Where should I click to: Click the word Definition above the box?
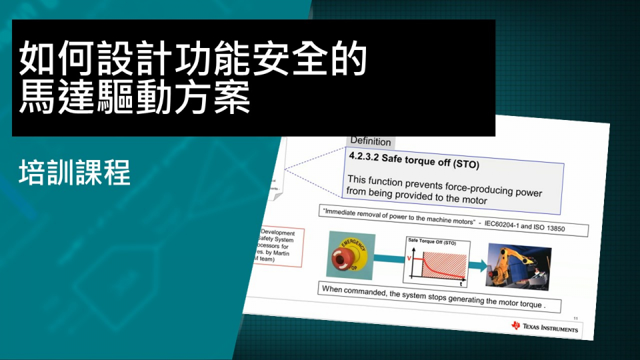pos(371,141)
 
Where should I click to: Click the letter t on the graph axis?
pos(461,285)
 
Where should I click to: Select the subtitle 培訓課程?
pos(74,173)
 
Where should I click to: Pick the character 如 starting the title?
pos(34,59)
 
